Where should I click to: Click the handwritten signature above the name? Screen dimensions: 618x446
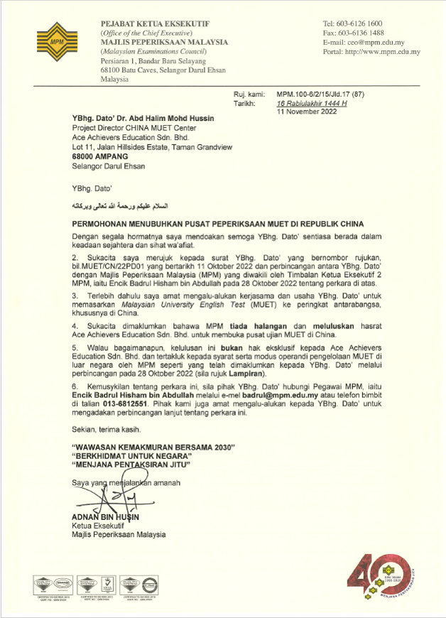coord(114,496)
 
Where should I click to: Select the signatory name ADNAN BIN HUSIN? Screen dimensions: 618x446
coord(106,516)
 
